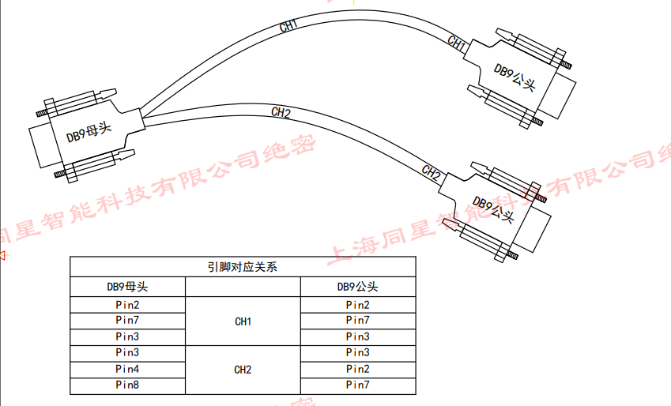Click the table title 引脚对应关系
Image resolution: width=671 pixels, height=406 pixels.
coord(242,267)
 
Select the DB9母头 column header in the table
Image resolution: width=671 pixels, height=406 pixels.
coord(127,286)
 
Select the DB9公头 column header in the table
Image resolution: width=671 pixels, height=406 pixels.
coord(357,286)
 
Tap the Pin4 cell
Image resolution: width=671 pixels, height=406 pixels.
coord(127,369)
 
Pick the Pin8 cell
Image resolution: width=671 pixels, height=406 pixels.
coord(127,385)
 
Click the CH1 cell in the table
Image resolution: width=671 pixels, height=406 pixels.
coord(243,321)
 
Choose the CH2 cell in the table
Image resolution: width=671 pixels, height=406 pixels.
coord(243,369)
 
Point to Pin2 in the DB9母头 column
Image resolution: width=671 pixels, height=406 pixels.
coord(127,305)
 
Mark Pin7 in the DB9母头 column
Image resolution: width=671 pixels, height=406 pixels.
coord(127,321)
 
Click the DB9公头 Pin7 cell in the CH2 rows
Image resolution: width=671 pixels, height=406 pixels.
coord(357,385)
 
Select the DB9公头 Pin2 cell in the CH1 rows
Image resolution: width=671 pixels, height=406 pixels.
coord(357,305)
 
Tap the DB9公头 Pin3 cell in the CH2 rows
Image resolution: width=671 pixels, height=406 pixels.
coord(357,352)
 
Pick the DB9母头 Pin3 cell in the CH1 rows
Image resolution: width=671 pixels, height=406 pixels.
coord(127,336)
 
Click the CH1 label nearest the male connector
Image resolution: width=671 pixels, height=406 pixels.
coord(457,43)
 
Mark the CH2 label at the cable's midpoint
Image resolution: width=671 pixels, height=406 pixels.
coord(281,113)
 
